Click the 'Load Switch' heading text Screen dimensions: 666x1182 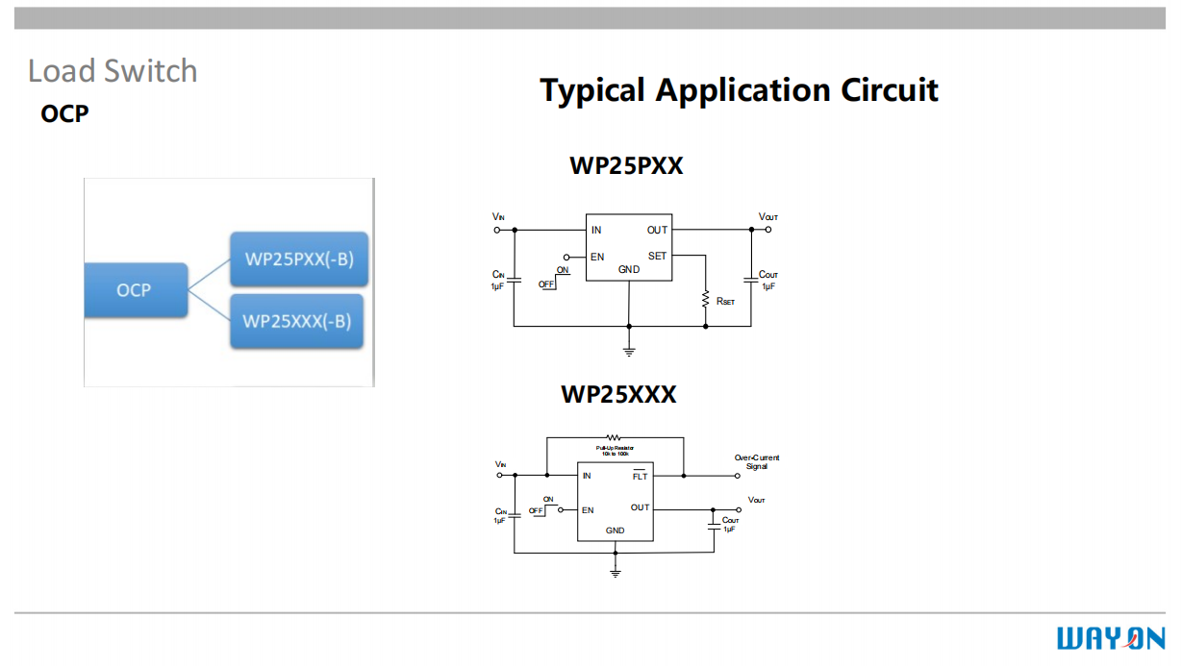coord(113,71)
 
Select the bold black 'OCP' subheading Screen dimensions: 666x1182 coord(64,113)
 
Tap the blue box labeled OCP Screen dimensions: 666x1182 coord(134,289)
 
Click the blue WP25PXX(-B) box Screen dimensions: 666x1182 coord(298,259)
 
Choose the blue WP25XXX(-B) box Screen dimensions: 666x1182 coord(296,320)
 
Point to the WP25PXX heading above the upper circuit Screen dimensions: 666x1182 coord(626,165)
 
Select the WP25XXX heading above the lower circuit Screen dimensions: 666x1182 coord(618,394)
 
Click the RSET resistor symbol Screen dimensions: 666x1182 coord(706,299)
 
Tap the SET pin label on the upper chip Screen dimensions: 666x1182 coord(657,257)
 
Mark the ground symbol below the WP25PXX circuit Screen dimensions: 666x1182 coord(629,350)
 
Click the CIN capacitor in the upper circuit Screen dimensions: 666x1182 coord(515,280)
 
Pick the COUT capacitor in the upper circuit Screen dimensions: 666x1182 coord(750,280)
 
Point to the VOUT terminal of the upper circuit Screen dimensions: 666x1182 coord(767,230)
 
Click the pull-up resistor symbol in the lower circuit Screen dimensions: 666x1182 coord(613,438)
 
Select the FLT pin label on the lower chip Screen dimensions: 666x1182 coord(640,477)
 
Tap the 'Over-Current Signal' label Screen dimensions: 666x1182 coord(757,461)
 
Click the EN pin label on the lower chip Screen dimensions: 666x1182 coord(588,510)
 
